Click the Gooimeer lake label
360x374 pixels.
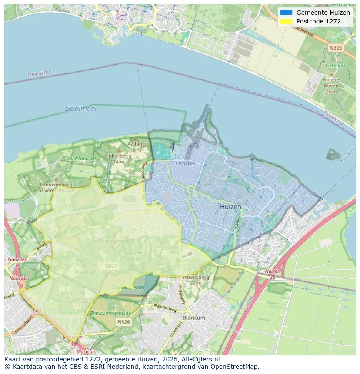(81, 109)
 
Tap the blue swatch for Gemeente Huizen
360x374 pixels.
(286, 13)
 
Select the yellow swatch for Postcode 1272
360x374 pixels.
(286, 21)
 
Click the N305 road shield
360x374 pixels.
(335, 48)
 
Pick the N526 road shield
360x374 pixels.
(123, 322)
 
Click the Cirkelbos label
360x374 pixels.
(331, 66)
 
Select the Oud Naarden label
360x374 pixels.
(82, 159)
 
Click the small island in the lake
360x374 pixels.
(333, 154)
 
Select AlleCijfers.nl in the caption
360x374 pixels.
(201, 359)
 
